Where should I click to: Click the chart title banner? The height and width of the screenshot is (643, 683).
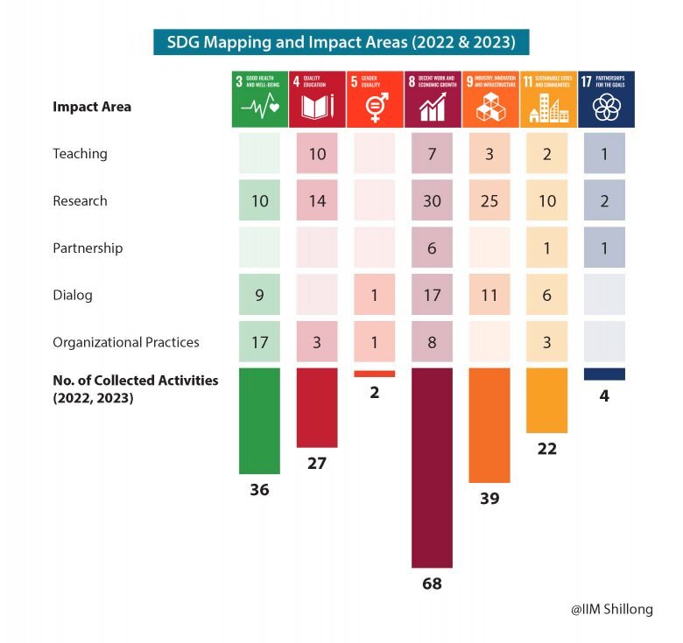(341, 41)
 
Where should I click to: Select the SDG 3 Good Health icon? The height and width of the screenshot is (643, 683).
(259, 99)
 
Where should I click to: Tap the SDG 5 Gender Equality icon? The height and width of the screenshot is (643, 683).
(374, 99)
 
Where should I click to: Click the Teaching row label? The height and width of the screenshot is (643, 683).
(80, 154)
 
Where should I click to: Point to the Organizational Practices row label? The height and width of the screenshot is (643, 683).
(125, 342)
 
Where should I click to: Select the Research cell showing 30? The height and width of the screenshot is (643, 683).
(432, 201)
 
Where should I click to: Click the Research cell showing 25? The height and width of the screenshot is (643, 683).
(489, 201)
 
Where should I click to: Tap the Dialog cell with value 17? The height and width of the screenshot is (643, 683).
(432, 296)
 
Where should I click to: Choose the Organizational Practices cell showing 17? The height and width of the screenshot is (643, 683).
(259, 342)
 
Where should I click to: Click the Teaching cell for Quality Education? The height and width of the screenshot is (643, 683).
(317, 154)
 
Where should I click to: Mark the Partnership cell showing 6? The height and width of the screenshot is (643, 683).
(432, 248)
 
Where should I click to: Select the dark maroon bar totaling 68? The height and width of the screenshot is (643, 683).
(432, 467)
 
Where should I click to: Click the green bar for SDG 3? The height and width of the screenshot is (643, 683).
(259, 421)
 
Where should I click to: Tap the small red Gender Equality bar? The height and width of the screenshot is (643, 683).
(374, 373)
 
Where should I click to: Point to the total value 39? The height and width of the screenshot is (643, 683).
(489, 499)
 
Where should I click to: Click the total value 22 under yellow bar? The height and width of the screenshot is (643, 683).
(546, 449)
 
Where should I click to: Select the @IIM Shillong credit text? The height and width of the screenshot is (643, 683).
(611, 610)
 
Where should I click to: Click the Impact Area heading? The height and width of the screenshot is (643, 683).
(92, 107)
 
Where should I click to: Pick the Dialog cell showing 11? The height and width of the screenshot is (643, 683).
(489, 296)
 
